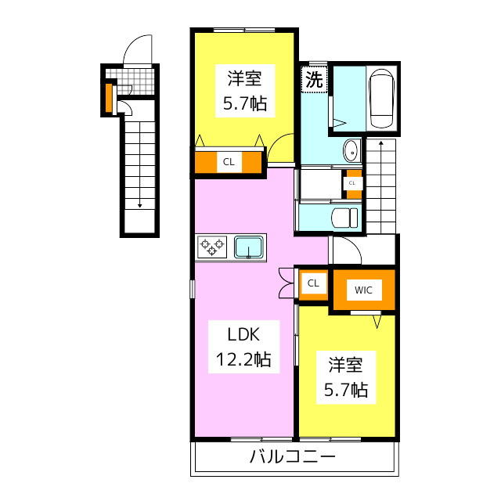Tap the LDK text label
pyautogui.click(x=243, y=334)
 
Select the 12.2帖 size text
pyautogui.click(x=243, y=360)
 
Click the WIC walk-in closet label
pyautogui.click(x=363, y=290)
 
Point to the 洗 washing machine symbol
pyautogui.click(x=313, y=79)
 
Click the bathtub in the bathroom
pyautogui.click(x=381, y=98)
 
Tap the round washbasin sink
pyautogui.click(x=350, y=150)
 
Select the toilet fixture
pyautogui.click(x=344, y=217)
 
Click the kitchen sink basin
pyautogui.click(x=250, y=247)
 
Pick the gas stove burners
pyautogui.click(x=211, y=247)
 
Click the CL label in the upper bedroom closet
pyautogui.click(x=229, y=163)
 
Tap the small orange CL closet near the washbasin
pyautogui.click(x=352, y=182)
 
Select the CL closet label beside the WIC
pyautogui.click(x=313, y=283)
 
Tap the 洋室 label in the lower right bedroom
pyautogui.click(x=346, y=365)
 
